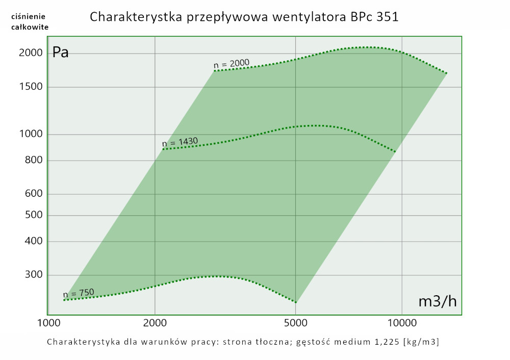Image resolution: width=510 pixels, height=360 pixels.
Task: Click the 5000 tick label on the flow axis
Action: click(296, 323)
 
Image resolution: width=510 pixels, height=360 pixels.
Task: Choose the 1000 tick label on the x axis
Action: click(49, 323)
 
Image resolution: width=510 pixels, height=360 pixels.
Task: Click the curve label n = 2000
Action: click(232, 64)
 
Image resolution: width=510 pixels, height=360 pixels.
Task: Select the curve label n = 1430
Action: click(180, 142)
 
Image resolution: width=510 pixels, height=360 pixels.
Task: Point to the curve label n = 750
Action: click(79, 293)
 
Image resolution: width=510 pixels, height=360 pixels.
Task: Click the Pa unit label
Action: click(61, 53)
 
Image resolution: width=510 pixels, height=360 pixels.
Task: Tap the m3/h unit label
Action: click(437, 302)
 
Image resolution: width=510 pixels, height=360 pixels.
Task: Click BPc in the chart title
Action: click(362, 17)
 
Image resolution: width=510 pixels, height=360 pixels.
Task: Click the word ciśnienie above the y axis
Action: click(30, 16)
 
